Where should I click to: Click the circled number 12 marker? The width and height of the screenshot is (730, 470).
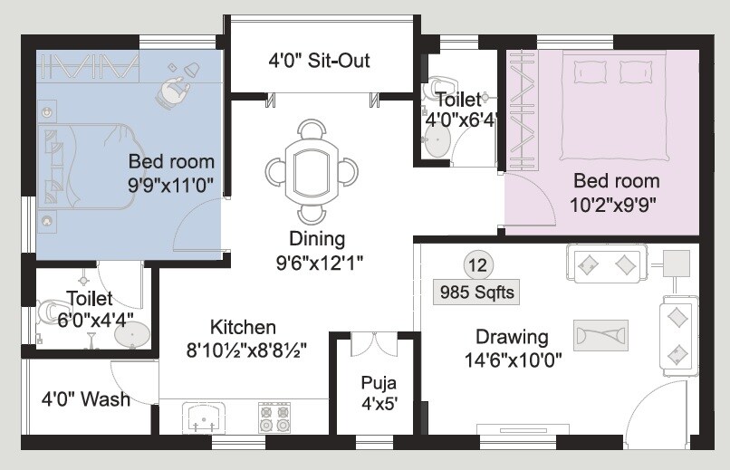click(477, 264)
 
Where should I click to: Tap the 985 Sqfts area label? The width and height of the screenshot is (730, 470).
click(476, 293)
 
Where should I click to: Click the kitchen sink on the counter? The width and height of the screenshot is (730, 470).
click(204, 418)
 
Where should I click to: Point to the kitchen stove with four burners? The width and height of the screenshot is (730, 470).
click(274, 417)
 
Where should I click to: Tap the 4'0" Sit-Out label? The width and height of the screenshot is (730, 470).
click(319, 62)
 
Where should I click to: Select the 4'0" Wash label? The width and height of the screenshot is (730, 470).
click(86, 398)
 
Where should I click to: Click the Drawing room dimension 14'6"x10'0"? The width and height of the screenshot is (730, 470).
click(512, 360)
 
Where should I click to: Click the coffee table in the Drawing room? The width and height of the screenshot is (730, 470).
click(600, 334)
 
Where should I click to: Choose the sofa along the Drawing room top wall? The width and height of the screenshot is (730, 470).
click(605, 264)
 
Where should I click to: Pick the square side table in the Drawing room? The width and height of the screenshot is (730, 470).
click(677, 263)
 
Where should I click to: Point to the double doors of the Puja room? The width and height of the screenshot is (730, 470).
click(373, 344)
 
